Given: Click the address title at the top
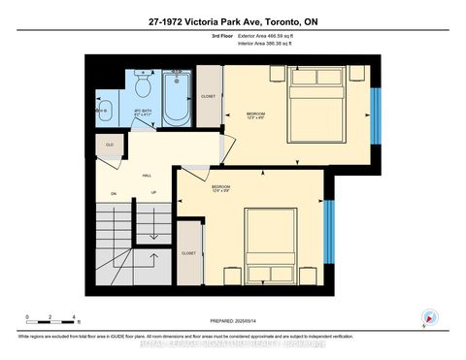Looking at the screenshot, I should pos(232,20).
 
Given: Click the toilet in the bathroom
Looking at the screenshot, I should pos(142,86).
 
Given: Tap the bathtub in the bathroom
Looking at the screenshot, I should pos(177,97).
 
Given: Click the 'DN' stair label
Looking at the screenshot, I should pos(113,193).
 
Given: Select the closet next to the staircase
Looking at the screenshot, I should pos(189,253).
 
